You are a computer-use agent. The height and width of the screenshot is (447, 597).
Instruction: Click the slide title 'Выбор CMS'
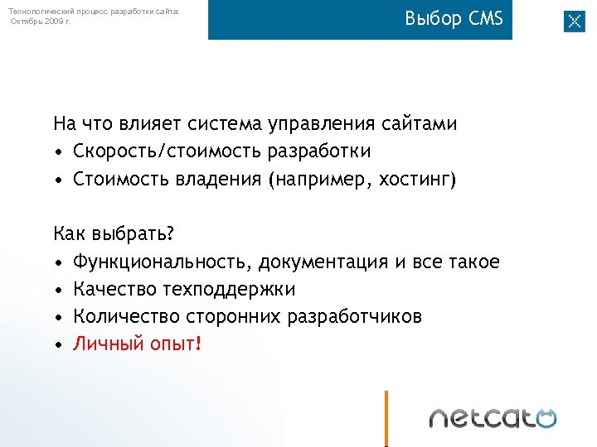click(454, 19)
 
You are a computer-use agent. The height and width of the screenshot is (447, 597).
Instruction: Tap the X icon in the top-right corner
click(574, 22)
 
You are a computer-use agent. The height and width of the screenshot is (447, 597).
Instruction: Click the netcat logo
click(493, 418)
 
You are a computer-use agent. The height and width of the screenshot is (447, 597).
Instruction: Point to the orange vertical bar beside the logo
click(386, 418)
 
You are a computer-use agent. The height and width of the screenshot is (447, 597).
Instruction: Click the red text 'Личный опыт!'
click(137, 344)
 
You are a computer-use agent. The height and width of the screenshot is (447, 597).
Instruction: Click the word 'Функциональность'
click(161, 262)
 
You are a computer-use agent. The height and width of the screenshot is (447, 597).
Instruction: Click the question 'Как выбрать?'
click(114, 234)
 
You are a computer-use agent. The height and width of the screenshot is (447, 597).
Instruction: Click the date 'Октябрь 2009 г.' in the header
click(41, 21)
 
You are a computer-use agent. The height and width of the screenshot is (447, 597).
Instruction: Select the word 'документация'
click(323, 262)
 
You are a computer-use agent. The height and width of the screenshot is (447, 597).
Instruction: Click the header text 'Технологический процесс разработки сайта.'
click(93, 11)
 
